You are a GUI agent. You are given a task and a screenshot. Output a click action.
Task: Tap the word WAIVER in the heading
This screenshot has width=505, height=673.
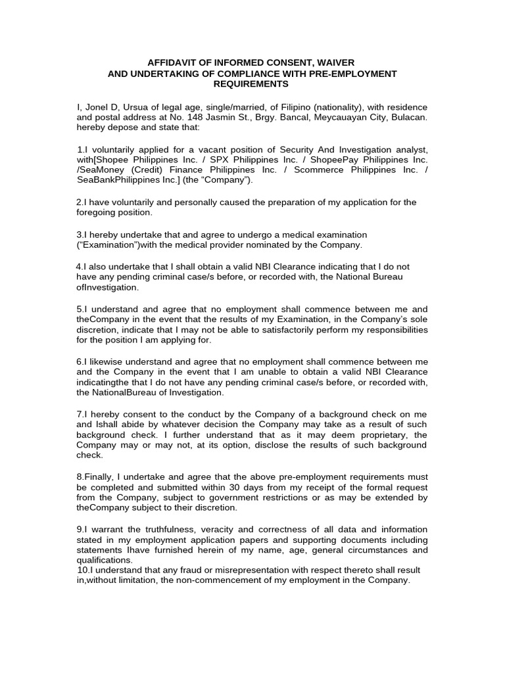point(337,62)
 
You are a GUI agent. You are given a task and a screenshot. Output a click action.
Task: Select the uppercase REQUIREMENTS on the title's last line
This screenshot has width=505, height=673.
point(251,84)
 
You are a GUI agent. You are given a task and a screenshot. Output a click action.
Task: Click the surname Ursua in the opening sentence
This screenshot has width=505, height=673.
point(137,107)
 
